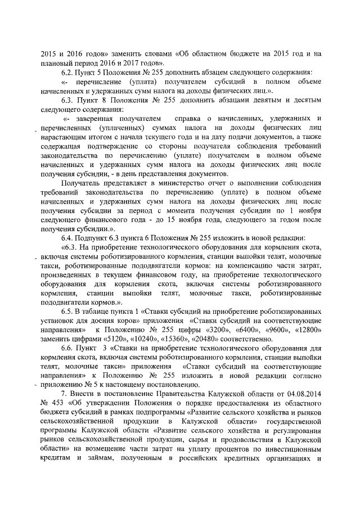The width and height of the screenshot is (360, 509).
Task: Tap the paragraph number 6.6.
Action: coord(68,349)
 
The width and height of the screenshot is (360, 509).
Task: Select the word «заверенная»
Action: coord(91,120)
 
